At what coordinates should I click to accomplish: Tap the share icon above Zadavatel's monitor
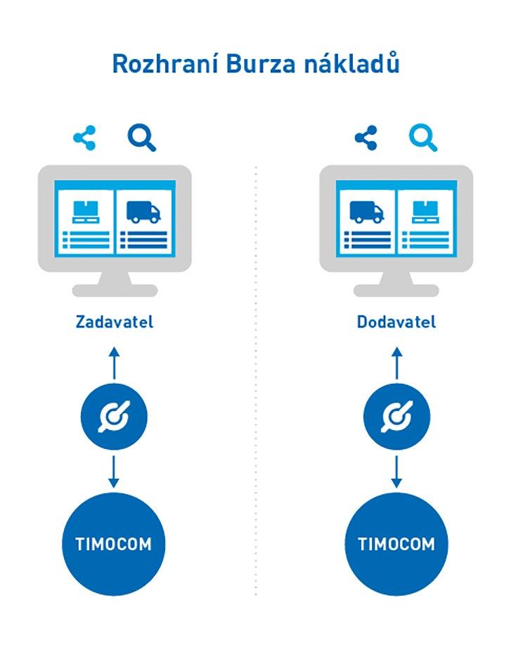(84, 138)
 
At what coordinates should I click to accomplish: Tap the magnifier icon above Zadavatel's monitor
(141, 138)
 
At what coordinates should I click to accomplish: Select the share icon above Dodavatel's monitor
(366, 138)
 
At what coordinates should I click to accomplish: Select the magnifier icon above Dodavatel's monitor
(423, 138)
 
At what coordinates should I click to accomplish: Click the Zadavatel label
(114, 323)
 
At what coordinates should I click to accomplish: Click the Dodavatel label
(396, 323)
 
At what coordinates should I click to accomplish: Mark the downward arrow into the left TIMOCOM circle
(114, 472)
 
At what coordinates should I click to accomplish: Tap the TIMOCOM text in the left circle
(114, 544)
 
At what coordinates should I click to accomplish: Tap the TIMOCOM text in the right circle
(396, 544)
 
